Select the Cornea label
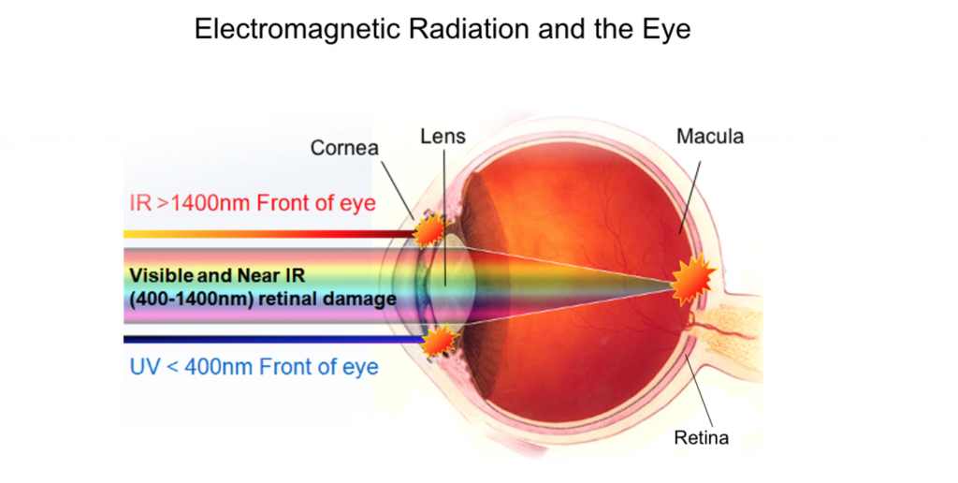(344, 147)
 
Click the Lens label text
(443, 136)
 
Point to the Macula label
(710, 136)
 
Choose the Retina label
(701, 438)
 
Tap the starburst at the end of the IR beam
(430, 230)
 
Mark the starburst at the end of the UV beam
(440, 341)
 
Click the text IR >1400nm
(190, 202)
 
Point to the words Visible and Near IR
(217, 275)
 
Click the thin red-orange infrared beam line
(269, 234)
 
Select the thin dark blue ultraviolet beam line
(274, 340)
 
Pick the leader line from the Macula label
(689, 196)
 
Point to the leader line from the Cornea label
(398, 188)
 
